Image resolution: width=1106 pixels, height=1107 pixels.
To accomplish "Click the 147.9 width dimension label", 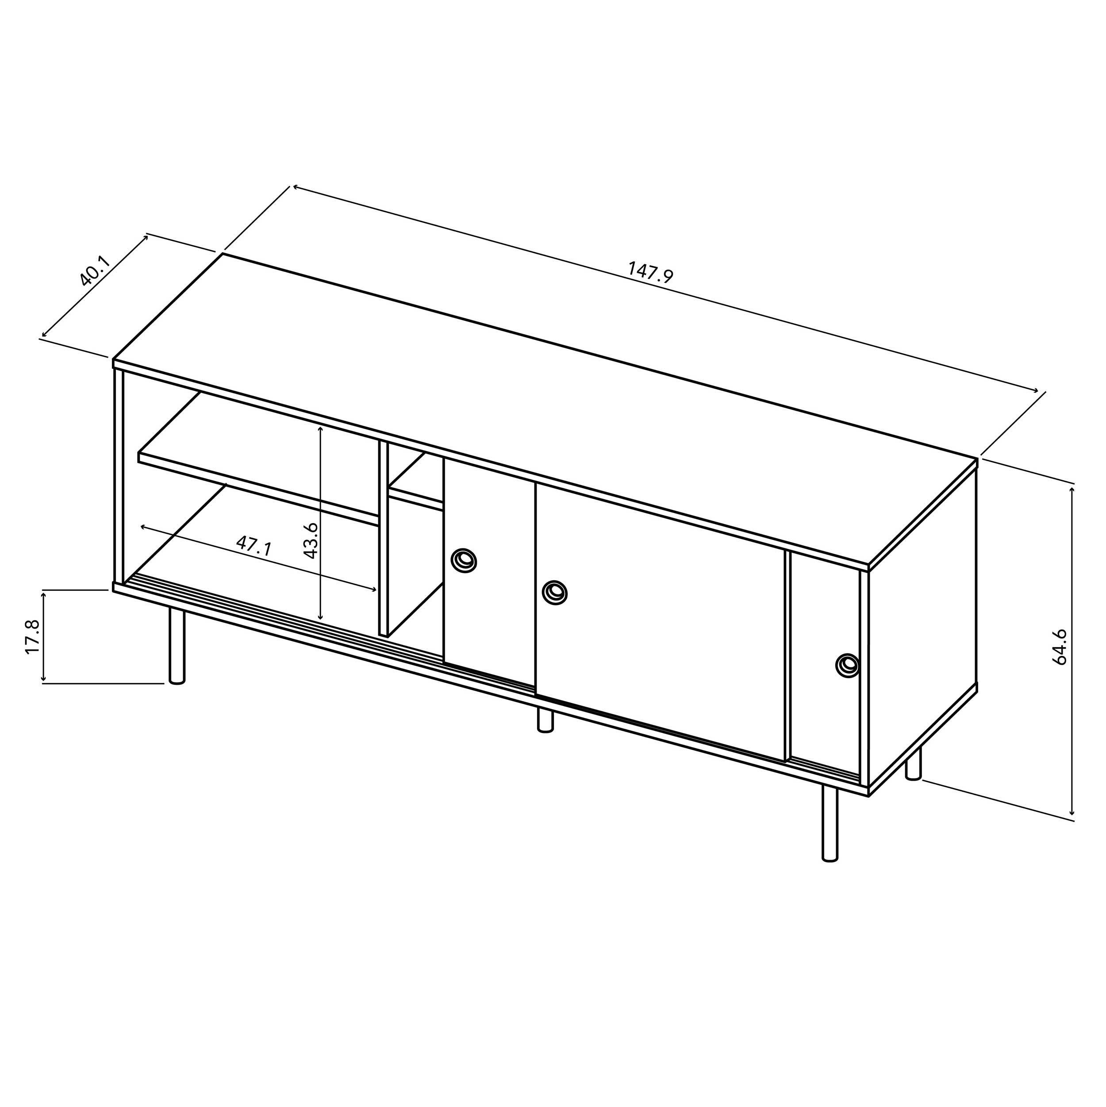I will point(651,272).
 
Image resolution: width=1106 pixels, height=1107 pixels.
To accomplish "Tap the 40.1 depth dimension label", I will point(95,271).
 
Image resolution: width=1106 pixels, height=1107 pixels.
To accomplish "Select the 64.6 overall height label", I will point(1060,647).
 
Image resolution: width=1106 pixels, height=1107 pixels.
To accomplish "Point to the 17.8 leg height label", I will point(32,636).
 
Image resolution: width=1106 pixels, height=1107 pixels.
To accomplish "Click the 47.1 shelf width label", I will point(254,545).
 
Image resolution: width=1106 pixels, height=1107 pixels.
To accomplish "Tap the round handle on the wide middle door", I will point(554,591).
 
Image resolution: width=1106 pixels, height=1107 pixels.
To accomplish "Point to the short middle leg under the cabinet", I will point(545,720).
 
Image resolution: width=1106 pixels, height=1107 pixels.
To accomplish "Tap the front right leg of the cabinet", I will point(829,825).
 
